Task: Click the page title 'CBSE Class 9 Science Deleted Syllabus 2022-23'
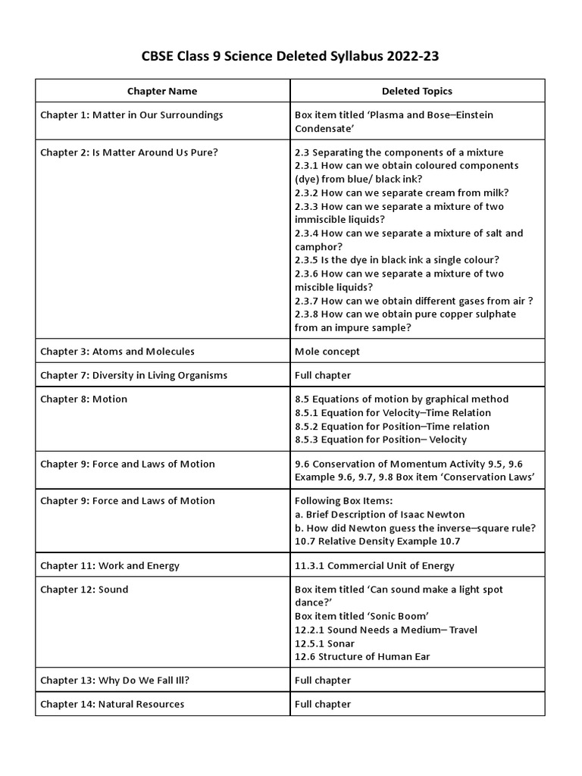coord(290,56)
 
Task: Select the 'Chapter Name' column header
coord(161,91)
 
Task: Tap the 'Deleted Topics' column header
coord(416,91)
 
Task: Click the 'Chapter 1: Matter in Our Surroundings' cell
coord(131,115)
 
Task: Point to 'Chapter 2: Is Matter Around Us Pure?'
coord(129,152)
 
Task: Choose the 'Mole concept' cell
coord(327,352)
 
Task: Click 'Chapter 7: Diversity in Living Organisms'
coord(133,375)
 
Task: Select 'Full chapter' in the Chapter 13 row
coord(323,681)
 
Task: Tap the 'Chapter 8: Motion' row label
coord(83,399)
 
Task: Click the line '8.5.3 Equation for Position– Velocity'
coord(380,440)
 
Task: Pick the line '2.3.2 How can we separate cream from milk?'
coord(402,192)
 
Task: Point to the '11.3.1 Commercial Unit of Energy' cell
coord(374,566)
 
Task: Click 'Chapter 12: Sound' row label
coord(84,590)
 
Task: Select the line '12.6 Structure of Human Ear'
coord(362,657)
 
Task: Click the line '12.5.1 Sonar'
coord(324,643)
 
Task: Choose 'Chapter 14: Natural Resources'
coord(112,704)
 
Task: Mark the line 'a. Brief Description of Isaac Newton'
coord(380,515)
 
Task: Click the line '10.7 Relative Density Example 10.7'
coord(377,541)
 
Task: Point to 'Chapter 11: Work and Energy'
coord(110,566)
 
